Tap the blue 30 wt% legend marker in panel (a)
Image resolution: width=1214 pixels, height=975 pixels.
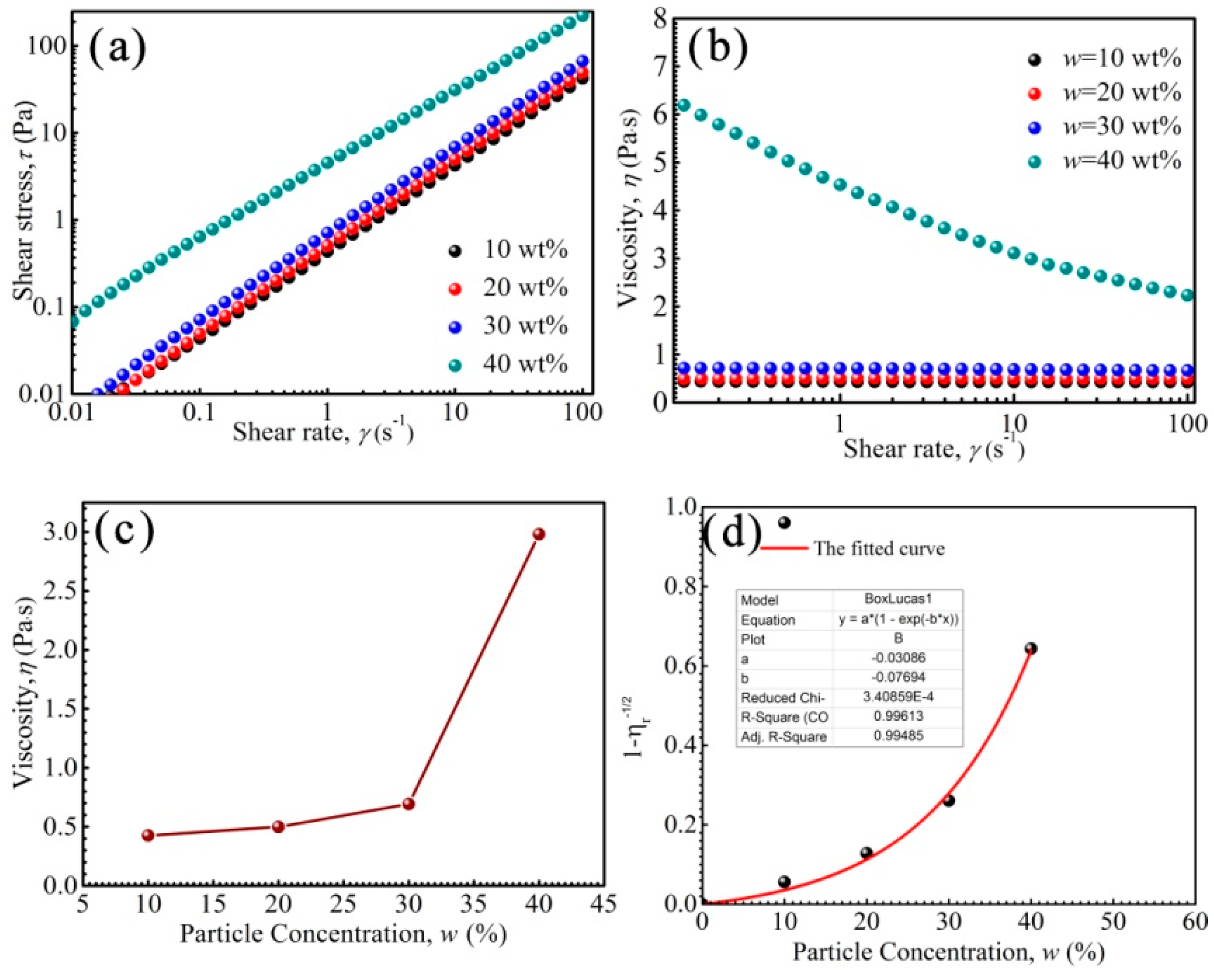click(x=456, y=327)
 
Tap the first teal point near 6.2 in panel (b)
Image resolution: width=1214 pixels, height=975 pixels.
click(x=684, y=105)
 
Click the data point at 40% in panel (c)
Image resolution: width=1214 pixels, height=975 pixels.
click(x=539, y=534)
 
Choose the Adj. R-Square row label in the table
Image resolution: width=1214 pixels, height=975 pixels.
click(x=783, y=736)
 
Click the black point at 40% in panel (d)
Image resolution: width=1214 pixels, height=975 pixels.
click(x=1031, y=649)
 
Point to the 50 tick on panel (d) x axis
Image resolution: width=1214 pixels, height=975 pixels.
click(x=1113, y=921)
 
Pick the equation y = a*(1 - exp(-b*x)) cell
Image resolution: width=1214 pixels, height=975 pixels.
click(x=898, y=619)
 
